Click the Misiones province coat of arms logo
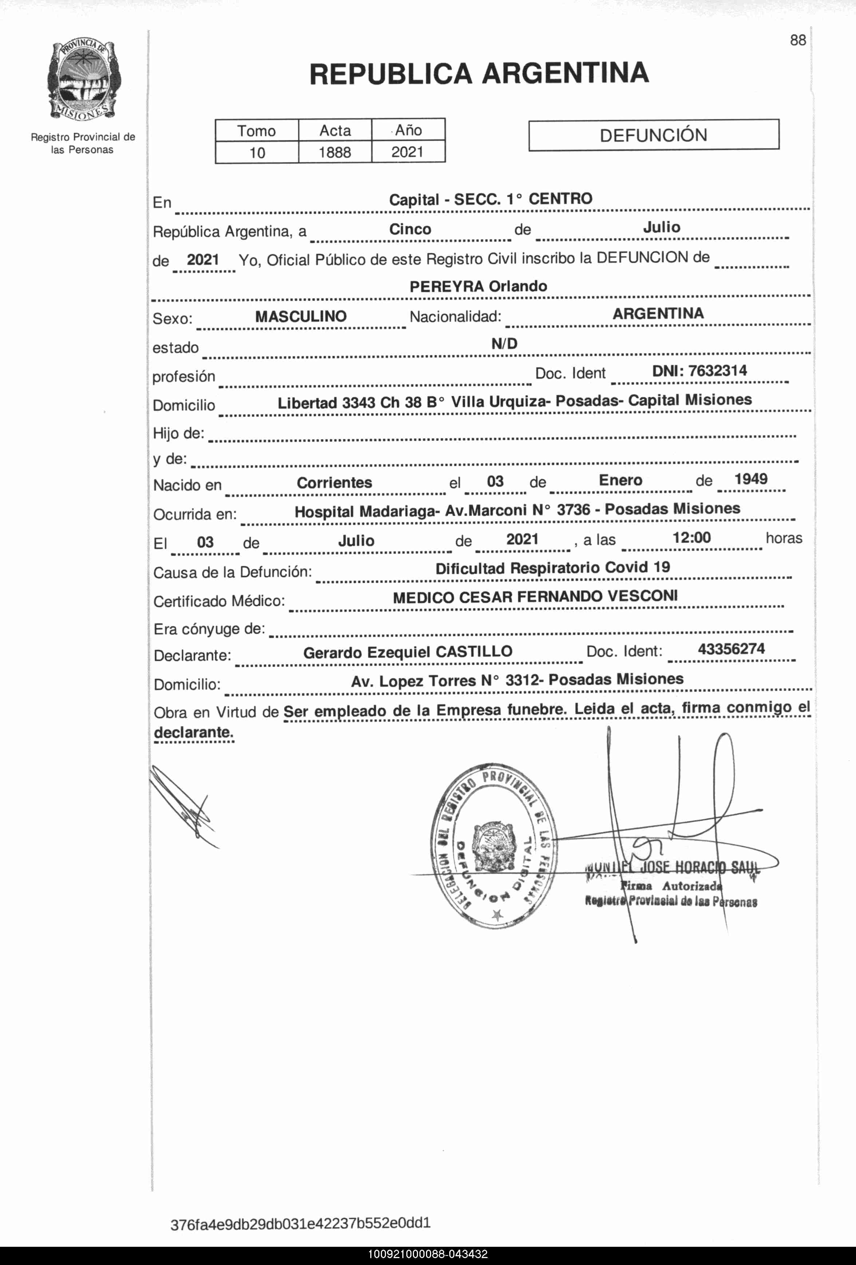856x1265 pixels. (83, 80)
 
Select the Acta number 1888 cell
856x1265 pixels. (335, 152)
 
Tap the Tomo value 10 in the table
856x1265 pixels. (257, 152)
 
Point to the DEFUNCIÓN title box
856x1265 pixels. (653, 135)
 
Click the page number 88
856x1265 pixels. (798, 40)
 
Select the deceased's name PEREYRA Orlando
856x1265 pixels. (478, 286)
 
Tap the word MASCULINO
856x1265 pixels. (301, 316)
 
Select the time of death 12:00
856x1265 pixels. (691, 538)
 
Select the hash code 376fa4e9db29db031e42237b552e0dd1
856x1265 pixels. (300, 1223)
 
